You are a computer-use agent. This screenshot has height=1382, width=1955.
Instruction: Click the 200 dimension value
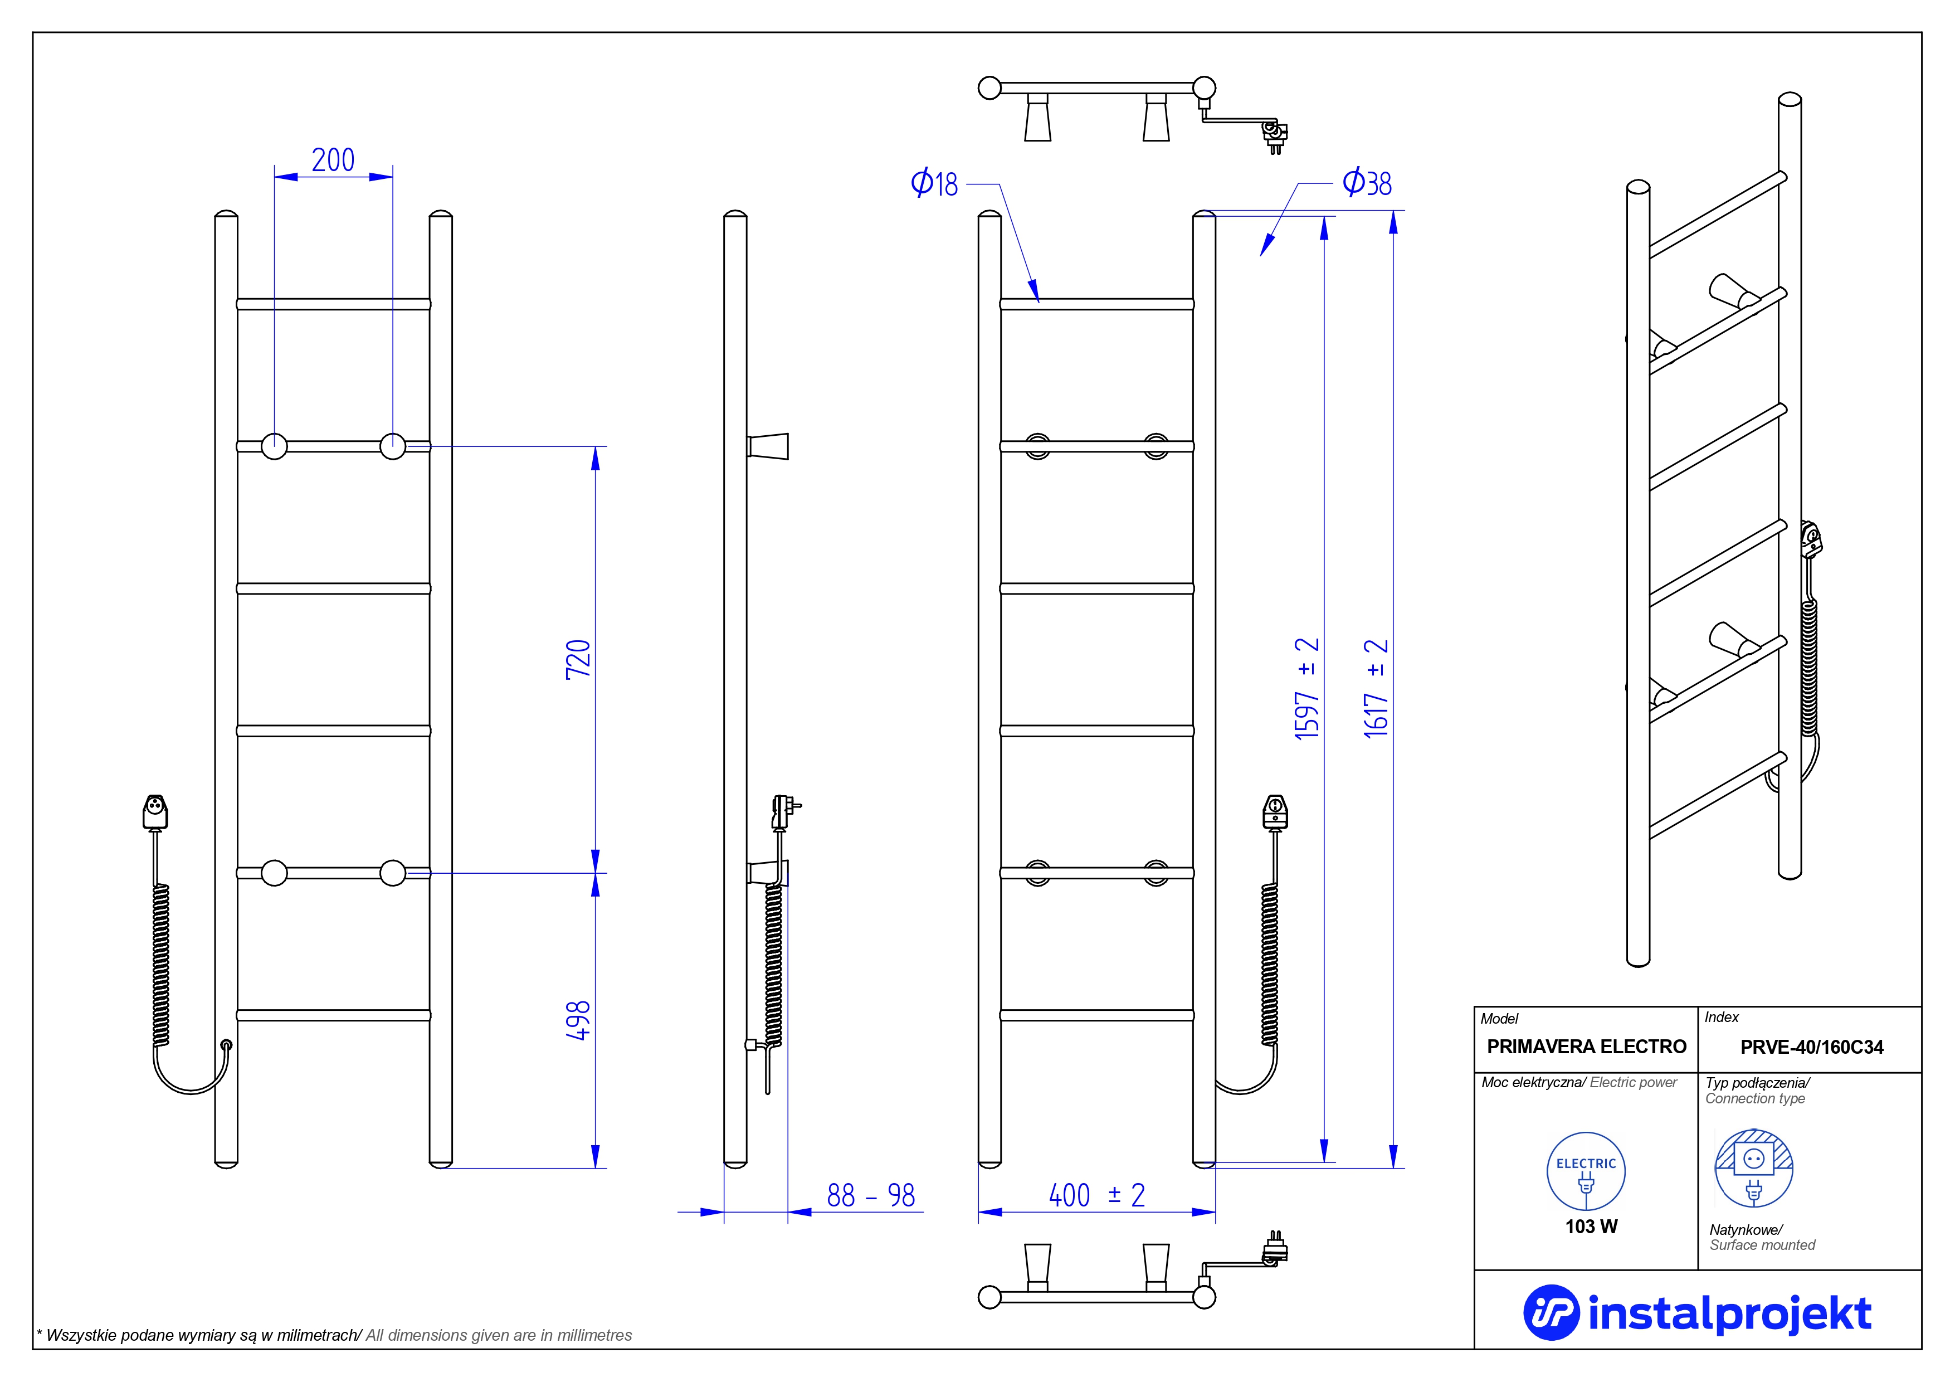333,160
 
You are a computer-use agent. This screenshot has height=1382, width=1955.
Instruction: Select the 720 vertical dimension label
578,659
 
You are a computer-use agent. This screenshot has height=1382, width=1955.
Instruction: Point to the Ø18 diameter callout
934,183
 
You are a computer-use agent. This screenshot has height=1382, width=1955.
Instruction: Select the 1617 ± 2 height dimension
1376,688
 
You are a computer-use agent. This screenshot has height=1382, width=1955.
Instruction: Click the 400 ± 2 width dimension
1096,1195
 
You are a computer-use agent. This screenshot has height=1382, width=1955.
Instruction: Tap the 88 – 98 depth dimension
870,1195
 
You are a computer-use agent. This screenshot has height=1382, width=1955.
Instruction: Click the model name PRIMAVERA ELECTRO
1586,1047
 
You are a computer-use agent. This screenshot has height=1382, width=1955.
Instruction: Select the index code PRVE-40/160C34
1811,1047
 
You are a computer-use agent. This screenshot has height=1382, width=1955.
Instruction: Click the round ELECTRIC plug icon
1586,1171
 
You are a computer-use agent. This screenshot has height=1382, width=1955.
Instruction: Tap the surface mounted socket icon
1753,1168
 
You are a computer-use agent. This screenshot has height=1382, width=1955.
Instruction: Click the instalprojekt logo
1697,1313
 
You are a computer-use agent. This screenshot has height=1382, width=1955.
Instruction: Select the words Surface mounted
1762,1245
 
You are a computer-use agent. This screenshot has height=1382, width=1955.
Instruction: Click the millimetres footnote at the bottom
334,1335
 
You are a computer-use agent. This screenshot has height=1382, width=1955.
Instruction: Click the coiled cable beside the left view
160,962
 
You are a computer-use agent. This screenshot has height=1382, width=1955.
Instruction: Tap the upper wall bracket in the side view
768,446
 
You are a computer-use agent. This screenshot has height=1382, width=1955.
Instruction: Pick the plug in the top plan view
1274,134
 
